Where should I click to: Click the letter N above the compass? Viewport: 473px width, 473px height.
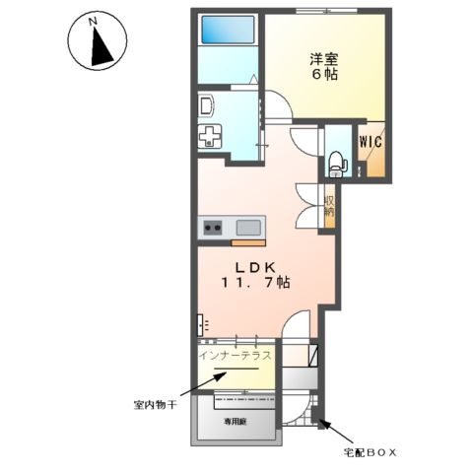92,19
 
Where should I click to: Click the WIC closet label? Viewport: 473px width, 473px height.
371,141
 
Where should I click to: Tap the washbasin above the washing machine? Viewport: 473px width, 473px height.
207,106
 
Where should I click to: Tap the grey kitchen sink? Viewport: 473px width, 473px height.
248,229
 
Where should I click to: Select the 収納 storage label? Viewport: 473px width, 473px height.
328,206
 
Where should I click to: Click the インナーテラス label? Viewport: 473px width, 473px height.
236,353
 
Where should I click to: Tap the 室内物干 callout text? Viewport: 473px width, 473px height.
155,403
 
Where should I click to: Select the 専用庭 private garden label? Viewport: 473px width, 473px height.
235,419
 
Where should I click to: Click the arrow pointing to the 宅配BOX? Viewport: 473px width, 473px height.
331,433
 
